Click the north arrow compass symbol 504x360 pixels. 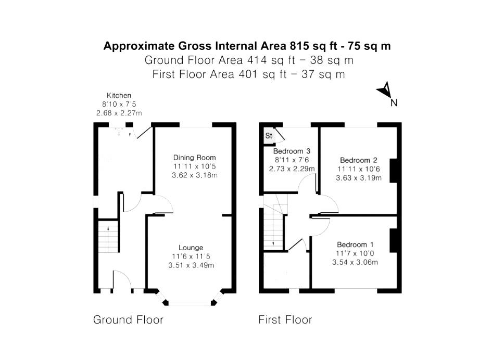click(x=385, y=91)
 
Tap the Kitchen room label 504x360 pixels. click(x=119, y=96)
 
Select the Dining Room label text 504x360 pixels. click(x=194, y=158)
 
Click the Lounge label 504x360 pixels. click(x=191, y=248)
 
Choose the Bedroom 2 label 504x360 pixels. click(x=358, y=160)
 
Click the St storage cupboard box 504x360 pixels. click(x=269, y=136)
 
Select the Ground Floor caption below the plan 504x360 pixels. click(x=128, y=319)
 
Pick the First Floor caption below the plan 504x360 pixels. click(x=285, y=319)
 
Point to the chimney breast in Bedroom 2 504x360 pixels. click(x=394, y=170)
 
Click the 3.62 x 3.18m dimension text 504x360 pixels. click(x=194, y=175)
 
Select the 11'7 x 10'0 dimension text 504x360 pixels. click(x=355, y=253)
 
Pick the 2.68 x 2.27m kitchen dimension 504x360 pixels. click(x=119, y=113)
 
